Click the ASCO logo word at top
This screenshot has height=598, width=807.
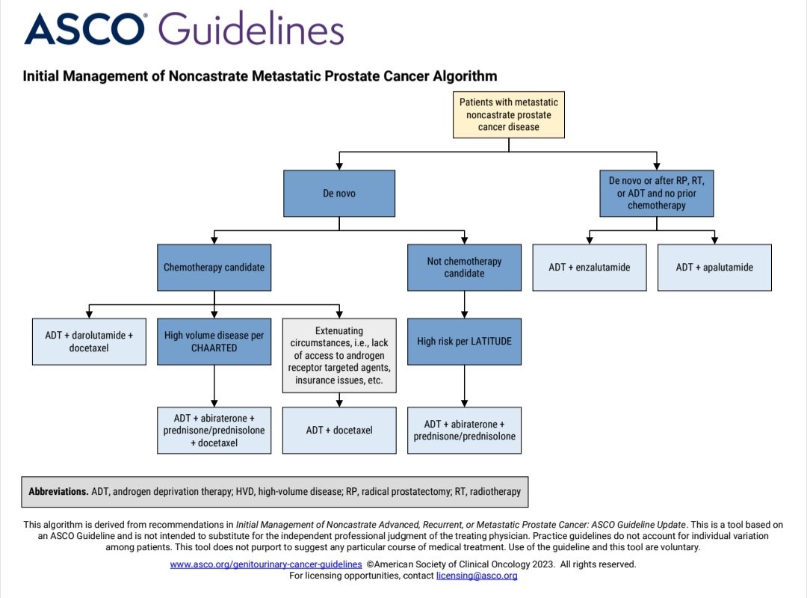[84, 29]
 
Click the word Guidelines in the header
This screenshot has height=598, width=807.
[252, 31]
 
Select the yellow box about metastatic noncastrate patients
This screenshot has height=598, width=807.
[508, 115]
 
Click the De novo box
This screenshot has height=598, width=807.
[338, 193]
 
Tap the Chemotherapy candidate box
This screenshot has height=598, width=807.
[214, 267]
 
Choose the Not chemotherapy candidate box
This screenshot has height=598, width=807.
[464, 267]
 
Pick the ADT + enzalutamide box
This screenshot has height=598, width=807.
[589, 267]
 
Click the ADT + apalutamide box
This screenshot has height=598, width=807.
[714, 267]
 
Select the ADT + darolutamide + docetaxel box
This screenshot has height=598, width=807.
[89, 342]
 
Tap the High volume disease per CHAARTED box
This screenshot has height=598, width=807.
[214, 342]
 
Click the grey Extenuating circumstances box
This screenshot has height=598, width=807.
[338, 355]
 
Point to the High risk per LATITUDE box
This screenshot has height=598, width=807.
[464, 342]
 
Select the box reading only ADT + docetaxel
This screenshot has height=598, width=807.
[338, 430]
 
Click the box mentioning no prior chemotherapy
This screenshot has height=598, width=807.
[657, 193]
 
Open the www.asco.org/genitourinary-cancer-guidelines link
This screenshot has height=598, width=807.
[266, 564]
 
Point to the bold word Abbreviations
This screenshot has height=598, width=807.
[58, 492]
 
